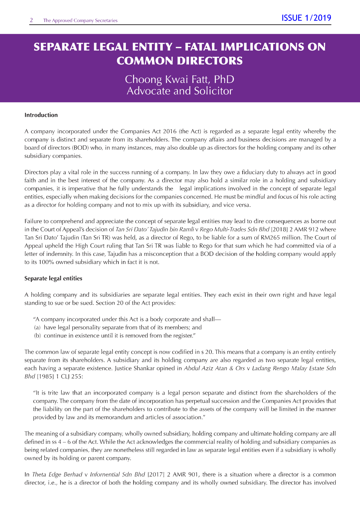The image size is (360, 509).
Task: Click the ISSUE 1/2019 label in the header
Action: (x=306, y=18)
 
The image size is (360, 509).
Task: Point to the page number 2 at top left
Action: (x=31, y=20)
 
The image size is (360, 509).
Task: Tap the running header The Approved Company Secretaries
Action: (x=80, y=21)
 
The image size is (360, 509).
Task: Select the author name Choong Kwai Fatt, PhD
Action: (x=180, y=79)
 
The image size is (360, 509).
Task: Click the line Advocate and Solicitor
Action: (x=180, y=91)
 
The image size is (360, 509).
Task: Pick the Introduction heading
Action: (x=41, y=115)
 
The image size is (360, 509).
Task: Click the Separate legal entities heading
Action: (x=53, y=279)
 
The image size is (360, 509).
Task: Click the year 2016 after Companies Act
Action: (x=169, y=132)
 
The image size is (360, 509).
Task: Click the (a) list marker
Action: (x=37, y=328)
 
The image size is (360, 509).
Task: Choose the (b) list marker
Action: (x=37, y=336)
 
